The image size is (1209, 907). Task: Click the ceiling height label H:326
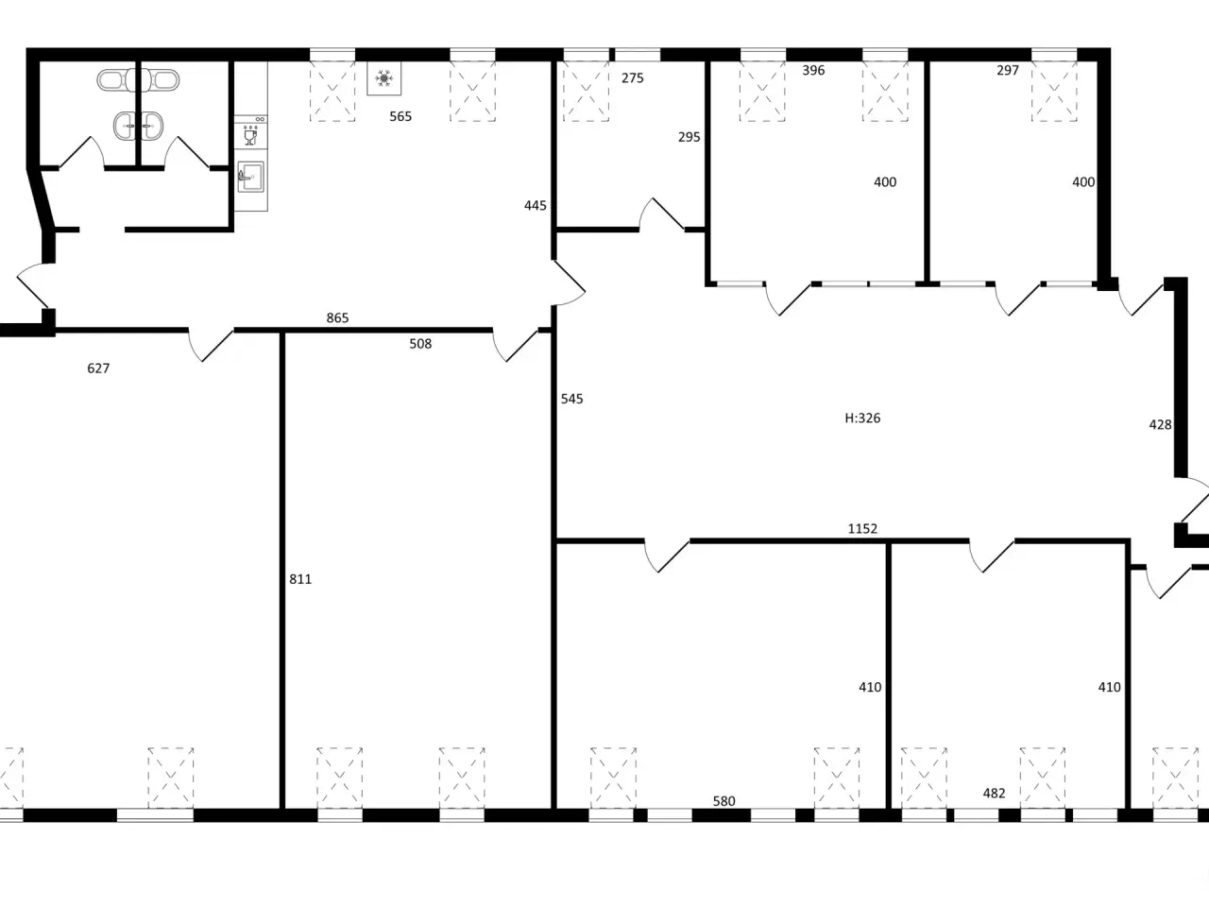tap(862, 418)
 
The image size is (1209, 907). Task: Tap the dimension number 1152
tap(862, 529)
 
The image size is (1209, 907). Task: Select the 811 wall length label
tap(300, 579)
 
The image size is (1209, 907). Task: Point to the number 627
tap(98, 368)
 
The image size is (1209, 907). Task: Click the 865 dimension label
tap(337, 317)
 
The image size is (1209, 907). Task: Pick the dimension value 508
tap(420, 344)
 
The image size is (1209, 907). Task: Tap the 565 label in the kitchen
tap(400, 116)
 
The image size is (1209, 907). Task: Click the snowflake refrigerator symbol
tap(383, 78)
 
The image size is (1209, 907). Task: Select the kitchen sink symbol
tap(250, 177)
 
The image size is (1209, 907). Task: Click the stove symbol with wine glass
tap(250, 132)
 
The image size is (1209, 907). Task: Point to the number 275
tap(632, 78)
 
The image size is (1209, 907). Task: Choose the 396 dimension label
tap(813, 70)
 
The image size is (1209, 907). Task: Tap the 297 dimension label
tap(1008, 70)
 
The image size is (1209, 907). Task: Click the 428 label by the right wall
tap(1160, 424)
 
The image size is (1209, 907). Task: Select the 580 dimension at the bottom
tap(724, 801)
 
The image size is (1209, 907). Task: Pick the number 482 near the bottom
tap(994, 793)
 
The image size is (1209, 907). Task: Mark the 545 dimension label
tap(571, 399)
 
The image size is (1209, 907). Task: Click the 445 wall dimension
tap(535, 205)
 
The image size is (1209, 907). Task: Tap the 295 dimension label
tap(690, 137)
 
